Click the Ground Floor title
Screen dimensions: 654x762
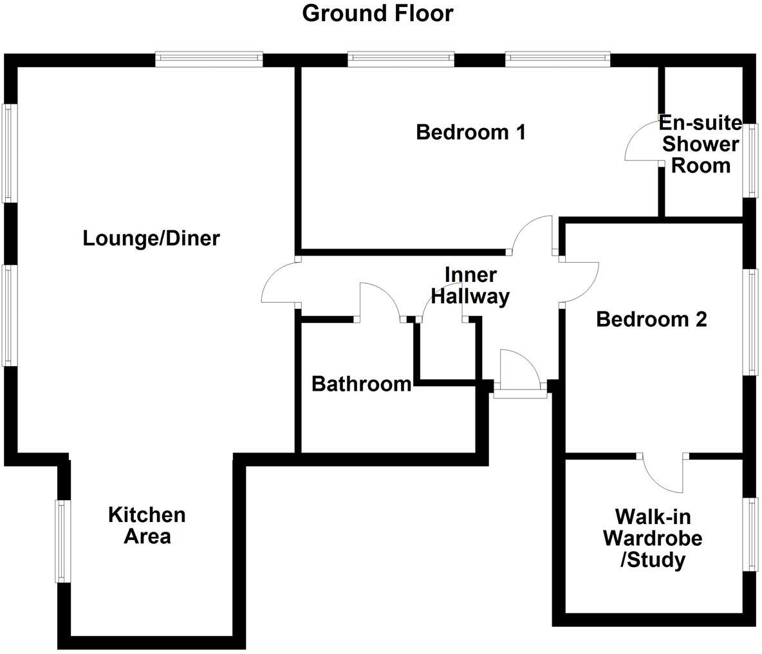[x=378, y=13]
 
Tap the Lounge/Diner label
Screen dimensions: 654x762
[x=151, y=238]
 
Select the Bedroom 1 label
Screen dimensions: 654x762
[x=470, y=132]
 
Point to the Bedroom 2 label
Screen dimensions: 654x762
[x=651, y=319]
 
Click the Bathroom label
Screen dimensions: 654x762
[x=361, y=384]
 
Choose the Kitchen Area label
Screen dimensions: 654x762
[x=147, y=525]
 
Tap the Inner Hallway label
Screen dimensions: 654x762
[x=470, y=285]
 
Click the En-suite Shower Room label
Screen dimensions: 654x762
[x=700, y=144]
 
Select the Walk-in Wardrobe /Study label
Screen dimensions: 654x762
[x=652, y=538]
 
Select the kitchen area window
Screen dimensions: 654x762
[x=62, y=541]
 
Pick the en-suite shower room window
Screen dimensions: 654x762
[x=751, y=160]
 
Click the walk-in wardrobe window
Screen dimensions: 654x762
[x=751, y=534]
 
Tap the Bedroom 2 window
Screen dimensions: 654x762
[x=751, y=321]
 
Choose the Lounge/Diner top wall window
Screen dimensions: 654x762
[x=209, y=59]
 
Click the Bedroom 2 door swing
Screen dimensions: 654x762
[x=581, y=282]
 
